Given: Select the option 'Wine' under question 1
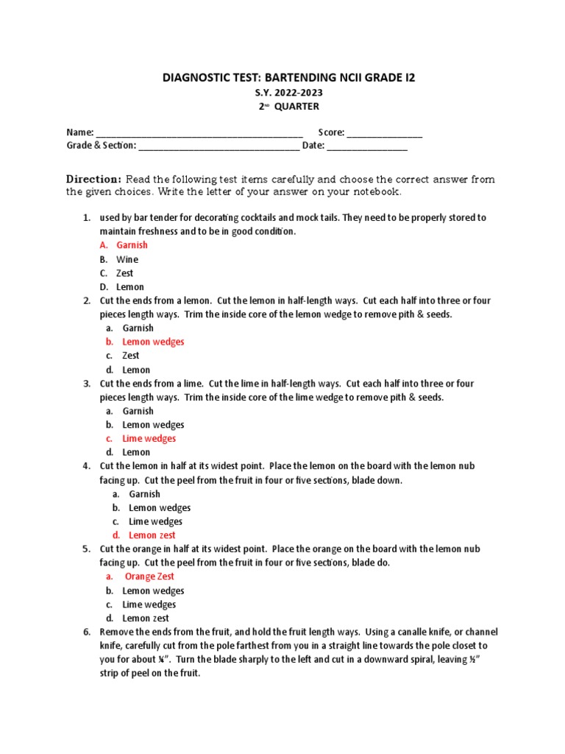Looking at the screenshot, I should click(x=127, y=259).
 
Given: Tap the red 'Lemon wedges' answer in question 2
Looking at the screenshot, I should click(x=153, y=342).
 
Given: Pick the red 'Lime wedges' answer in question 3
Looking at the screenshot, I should click(x=149, y=439).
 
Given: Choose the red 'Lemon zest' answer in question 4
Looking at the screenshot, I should click(x=152, y=535).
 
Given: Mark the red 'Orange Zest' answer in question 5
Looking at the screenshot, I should click(x=149, y=577).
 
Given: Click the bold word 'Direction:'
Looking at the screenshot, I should click(x=93, y=179).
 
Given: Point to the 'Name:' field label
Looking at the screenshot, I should click(x=80, y=133).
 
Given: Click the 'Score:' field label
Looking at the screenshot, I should click(x=331, y=133).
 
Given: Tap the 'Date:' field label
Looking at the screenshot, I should click(x=313, y=146).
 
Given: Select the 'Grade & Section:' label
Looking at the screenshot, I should click(x=101, y=146).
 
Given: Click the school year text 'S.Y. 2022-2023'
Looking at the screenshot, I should click(x=282, y=93).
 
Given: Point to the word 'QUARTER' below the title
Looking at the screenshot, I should click(x=297, y=107).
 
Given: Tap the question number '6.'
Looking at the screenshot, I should click(x=85, y=633).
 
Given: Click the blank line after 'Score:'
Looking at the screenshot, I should click(x=385, y=133).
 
